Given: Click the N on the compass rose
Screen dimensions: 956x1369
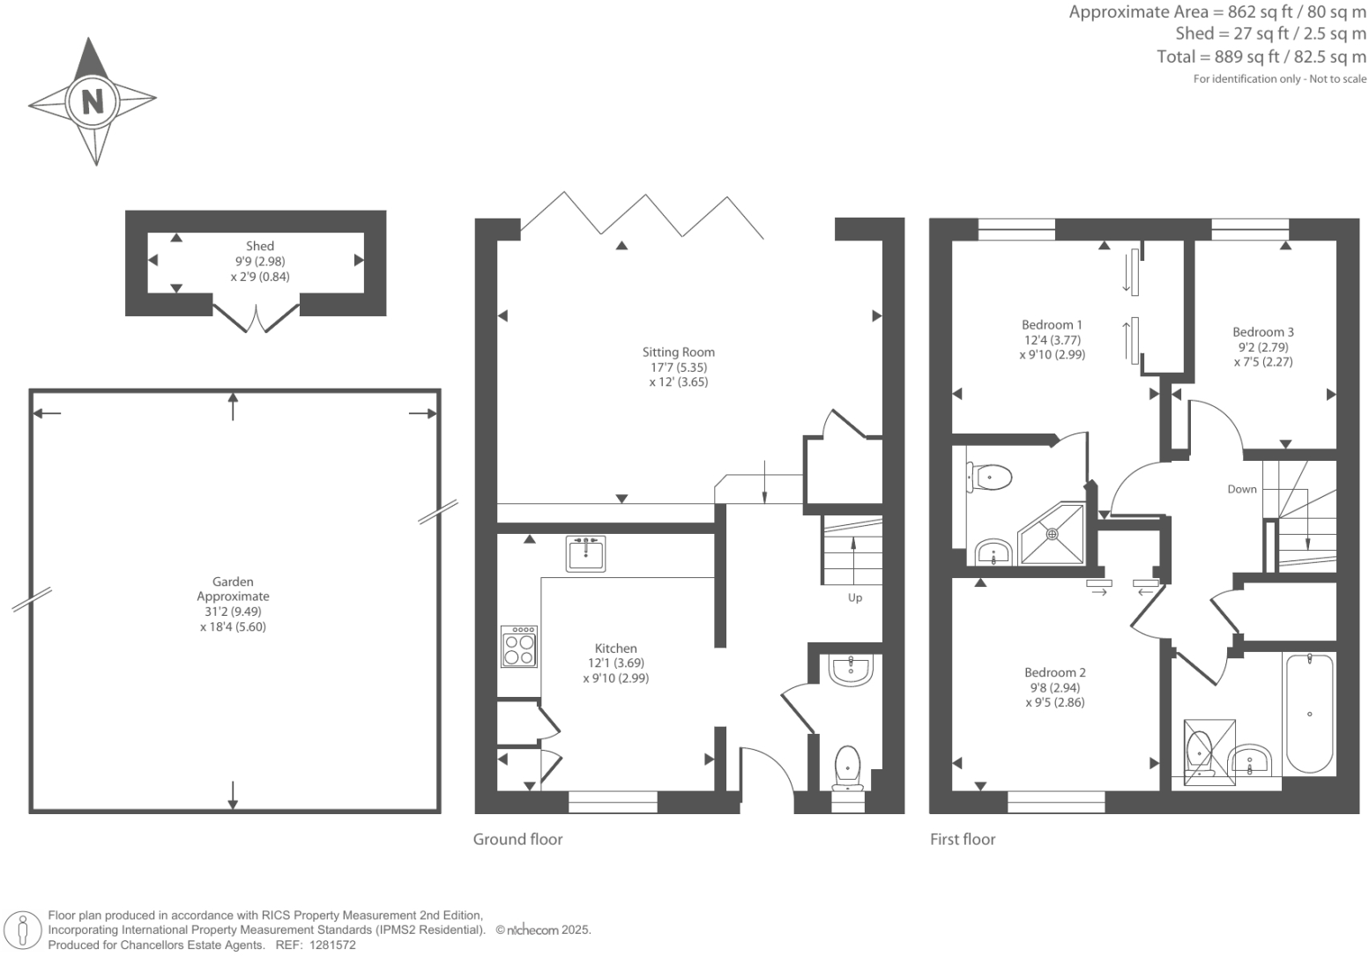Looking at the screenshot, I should coord(92,100).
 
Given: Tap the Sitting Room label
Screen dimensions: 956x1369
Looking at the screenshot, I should coord(678,352).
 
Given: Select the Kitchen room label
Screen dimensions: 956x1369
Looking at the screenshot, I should coord(615,648).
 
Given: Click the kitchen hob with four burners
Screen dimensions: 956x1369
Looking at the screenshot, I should coord(518,648).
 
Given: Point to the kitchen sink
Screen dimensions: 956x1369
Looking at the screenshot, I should coord(585,554).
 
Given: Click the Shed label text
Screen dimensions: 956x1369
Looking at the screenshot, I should coord(260,247).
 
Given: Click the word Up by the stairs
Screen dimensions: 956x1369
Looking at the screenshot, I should coord(854,598).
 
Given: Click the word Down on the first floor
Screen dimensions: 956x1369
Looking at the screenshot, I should coord(1241,489).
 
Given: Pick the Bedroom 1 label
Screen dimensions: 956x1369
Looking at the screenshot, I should coord(1052,325).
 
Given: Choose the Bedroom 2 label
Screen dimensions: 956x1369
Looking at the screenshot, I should coord(1054,673).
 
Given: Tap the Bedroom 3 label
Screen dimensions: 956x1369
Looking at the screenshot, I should coord(1262,332).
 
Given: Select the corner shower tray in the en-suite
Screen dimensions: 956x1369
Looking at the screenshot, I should coord(1051,534).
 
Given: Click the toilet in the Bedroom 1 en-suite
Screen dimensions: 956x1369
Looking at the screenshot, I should coord(990,478).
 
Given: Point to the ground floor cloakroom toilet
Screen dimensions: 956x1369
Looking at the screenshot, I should coord(847,767).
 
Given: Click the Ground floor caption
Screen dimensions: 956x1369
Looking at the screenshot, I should coord(517,840).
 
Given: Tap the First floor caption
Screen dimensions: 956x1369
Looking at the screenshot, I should coord(962,840).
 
